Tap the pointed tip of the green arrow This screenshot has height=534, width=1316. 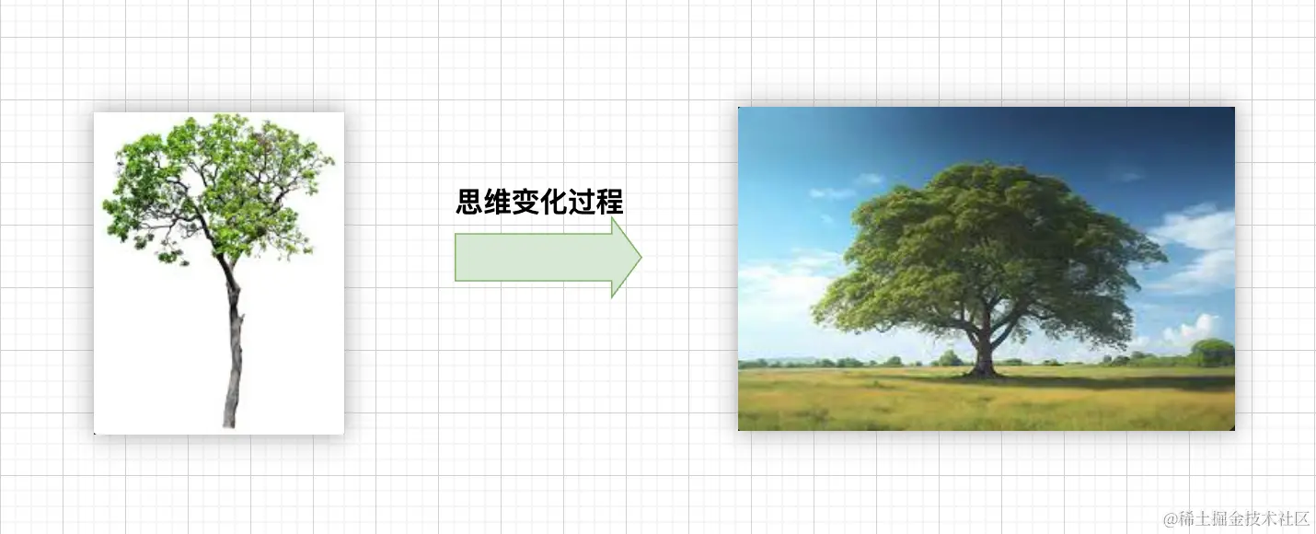coord(640,258)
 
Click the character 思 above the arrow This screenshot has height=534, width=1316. coord(471,202)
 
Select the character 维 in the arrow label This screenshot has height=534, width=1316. coord(499,202)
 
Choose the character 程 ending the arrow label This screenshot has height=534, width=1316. coord(609,202)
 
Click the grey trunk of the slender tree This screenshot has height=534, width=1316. coord(234,359)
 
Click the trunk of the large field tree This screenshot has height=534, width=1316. coord(983,354)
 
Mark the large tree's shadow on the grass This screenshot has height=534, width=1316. coord(1104,379)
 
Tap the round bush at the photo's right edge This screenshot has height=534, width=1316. coord(1212,352)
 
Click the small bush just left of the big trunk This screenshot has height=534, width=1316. coord(949,358)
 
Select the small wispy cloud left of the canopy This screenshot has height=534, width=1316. coord(833,192)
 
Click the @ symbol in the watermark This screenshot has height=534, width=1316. coord(1171,519)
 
